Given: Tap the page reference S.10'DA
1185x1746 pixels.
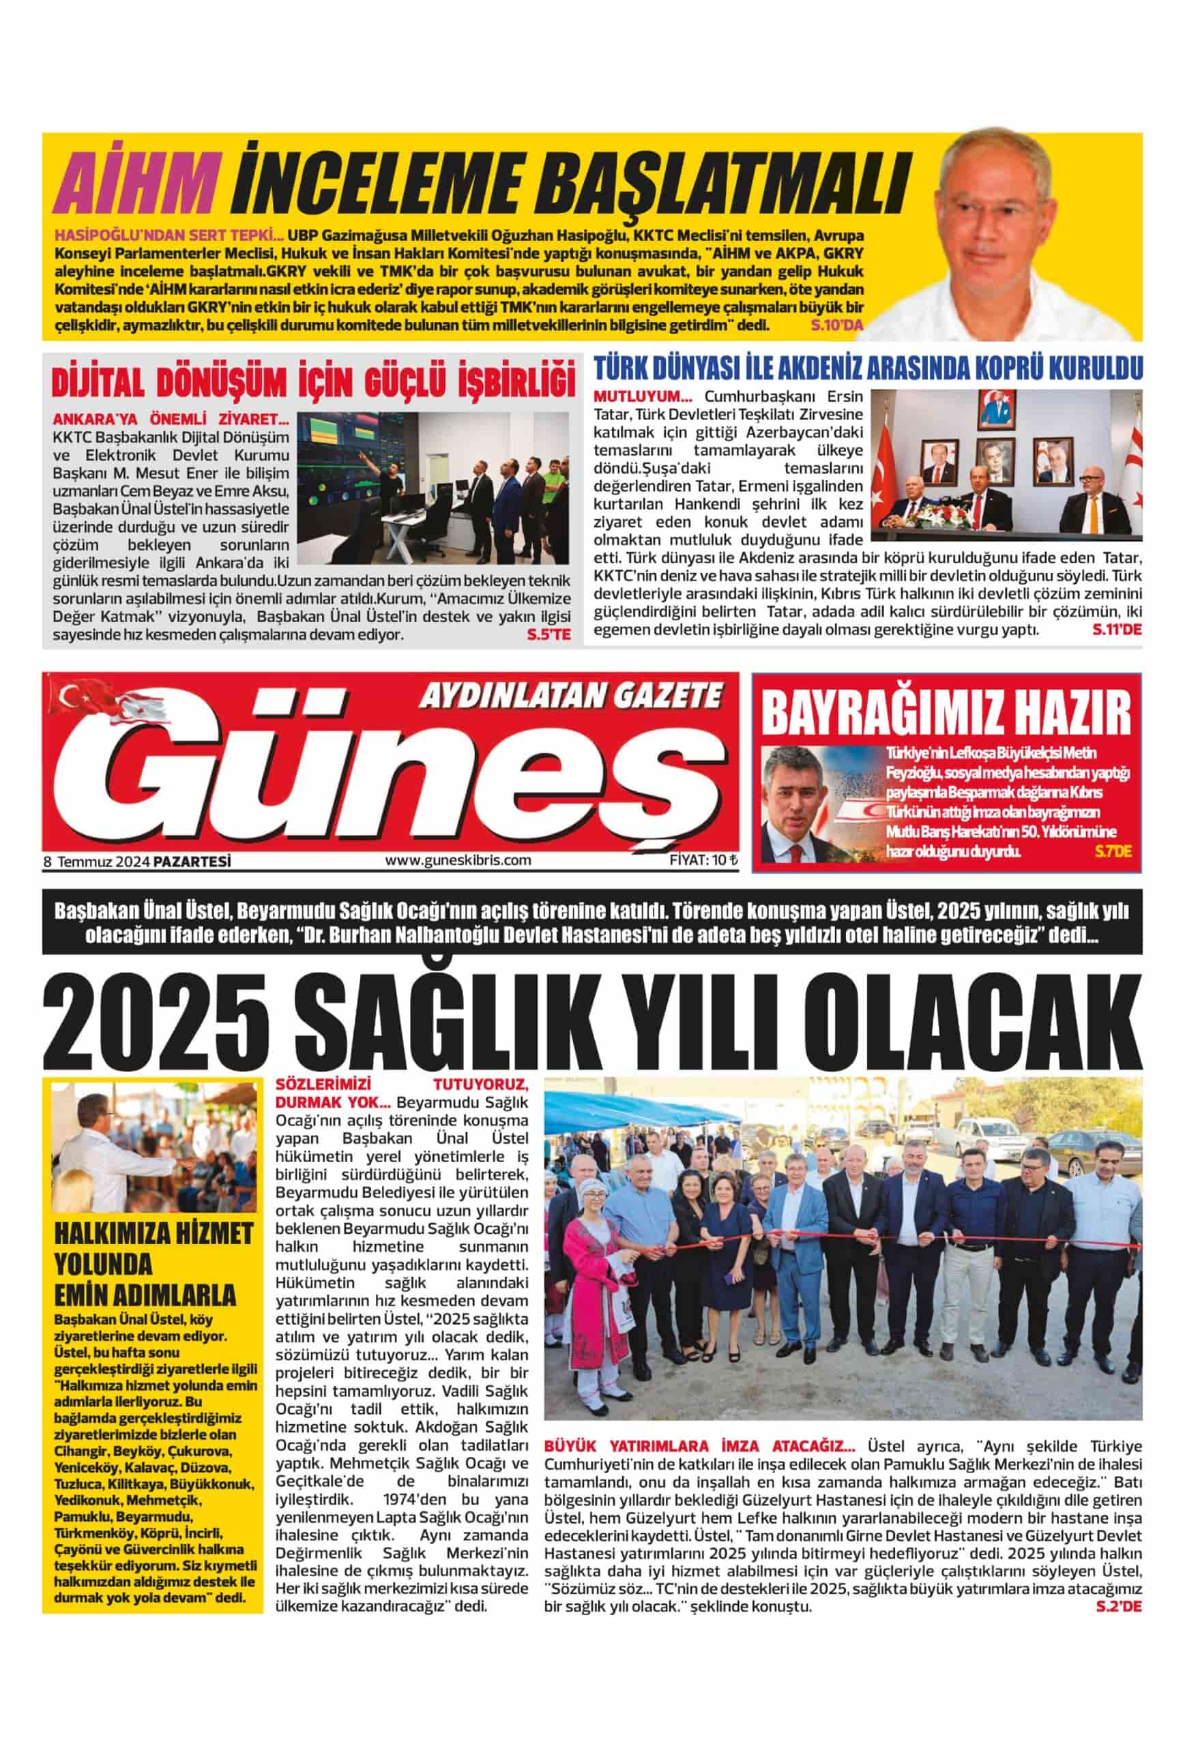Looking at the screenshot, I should pyautogui.click(x=837, y=325).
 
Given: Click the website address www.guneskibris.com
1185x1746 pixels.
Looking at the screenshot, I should pyautogui.click(x=458, y=860).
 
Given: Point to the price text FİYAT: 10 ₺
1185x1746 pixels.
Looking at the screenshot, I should pyautogui.click(x=703, y=860).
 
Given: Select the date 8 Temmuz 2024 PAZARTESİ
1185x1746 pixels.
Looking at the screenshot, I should pyautogui.click(x=136, y=861).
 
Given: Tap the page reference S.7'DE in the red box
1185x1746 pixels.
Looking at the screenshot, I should pyautogui.click(x=1112, y=851).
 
